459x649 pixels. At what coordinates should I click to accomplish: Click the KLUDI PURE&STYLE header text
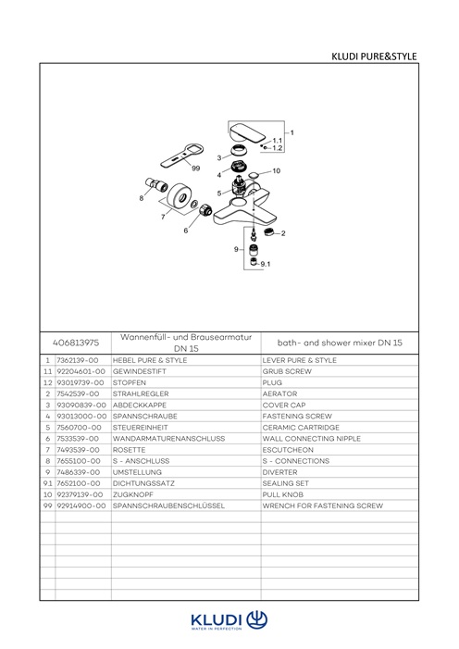(374, 56)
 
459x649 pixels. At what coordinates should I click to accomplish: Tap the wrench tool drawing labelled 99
(182, 156)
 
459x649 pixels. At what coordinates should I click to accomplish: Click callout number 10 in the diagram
(276, 170)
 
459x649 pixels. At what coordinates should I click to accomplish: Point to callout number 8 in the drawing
(142, 198)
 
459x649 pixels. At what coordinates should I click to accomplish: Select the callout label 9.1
(266, 264)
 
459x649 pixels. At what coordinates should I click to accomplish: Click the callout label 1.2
(278, 148)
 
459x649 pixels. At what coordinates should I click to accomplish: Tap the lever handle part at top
(247, 132)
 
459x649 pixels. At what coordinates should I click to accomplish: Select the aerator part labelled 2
(269, 231)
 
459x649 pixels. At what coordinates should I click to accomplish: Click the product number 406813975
(76, 343)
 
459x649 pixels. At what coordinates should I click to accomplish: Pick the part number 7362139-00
(78, 360)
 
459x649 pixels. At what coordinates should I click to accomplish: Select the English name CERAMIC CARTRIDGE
(301, 427)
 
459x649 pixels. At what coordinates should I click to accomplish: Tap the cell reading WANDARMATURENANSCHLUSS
(168, 438)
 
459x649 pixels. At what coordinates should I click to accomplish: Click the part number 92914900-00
(81, 505)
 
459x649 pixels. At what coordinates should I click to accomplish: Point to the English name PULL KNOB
(282, 494)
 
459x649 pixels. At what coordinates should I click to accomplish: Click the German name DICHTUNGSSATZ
(143, 483)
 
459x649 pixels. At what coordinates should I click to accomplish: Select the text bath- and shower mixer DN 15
(340, 343)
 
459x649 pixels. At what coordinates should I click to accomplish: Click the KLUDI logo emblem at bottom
(257, 619)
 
